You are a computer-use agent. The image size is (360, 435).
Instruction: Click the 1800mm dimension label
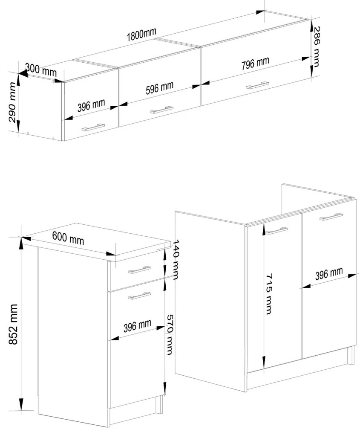click(x=141, y=35)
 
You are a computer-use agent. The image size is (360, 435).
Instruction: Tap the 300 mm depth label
click(x=41, y=70)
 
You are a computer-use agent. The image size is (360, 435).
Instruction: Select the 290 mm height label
click(x=13, y=102)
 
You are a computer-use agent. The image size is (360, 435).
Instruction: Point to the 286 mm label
click(x=316, y=47)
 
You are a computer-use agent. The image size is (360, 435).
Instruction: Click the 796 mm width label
click(x=255, y=64)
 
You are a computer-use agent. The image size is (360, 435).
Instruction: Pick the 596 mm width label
click(x=160, y=88)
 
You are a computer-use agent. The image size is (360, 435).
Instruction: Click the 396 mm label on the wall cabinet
click(x=91, y=105)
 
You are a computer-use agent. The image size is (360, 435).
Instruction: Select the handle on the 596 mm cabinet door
click(x=161, y=110)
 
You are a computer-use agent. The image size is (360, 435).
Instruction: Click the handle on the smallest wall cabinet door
click(x=93, y=128)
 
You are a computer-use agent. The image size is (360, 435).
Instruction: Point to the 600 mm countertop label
click(x=68, y=238)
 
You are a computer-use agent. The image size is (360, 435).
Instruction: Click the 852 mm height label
click(x=13, y=324)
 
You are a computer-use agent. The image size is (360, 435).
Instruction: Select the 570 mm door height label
click(x=170, y=335)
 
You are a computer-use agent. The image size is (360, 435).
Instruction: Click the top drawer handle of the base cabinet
click(x=139, y=270)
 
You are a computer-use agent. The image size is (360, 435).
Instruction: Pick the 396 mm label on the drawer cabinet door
click(x=138, y=326)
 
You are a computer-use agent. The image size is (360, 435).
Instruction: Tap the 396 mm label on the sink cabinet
click(x=329, y=273)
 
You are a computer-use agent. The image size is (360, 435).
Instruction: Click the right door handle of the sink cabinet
click(x=331, y=217)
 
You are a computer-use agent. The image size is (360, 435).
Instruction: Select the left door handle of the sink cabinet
click(x=276, y=231)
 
